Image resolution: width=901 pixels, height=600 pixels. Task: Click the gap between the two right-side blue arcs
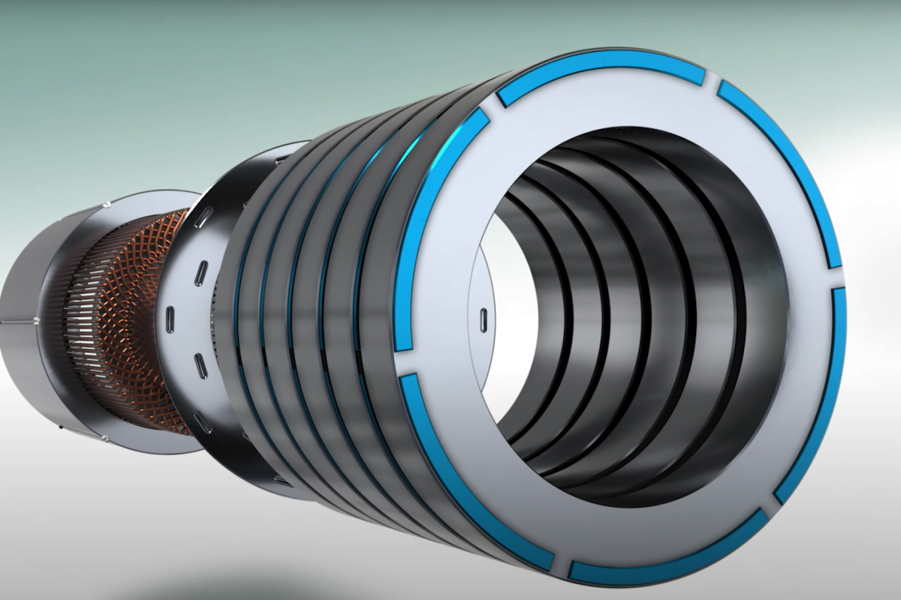(841, 278)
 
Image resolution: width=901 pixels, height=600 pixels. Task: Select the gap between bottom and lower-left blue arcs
(562, 564)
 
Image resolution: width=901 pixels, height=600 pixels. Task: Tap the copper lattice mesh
(143, 300)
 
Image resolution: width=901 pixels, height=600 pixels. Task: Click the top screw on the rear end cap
(109, 203)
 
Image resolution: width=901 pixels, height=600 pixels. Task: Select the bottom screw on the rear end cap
(106, 439)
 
